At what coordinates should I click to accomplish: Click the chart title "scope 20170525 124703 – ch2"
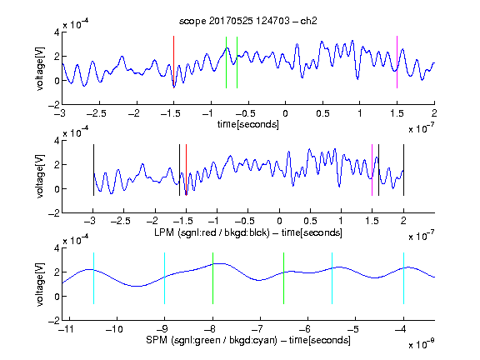[x=247, y=21]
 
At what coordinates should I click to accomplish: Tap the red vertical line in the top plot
[x=173, y=62]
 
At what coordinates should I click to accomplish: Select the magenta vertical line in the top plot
[x=397, y=62]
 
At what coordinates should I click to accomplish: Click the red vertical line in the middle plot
[x=186, y=170]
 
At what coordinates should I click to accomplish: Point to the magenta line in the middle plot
[x=372, y=170]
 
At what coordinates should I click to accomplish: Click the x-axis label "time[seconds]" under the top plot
[x=248, y=124]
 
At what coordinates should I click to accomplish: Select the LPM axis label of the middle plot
[x=248, y=232]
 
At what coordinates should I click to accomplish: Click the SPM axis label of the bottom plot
[x=248, y=340]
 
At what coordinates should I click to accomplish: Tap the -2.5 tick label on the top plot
[x=97, y=113]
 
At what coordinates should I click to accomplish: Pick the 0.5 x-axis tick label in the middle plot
[x=310, y=221]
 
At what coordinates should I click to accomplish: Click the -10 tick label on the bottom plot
[x=114, y=329]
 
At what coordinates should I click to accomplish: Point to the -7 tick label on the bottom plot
[x=257, y=329]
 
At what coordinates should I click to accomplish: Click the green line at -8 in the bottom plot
[x=212, y=278]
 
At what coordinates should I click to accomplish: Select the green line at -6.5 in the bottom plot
[x=284, y=278]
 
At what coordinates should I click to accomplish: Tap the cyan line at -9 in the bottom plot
[x=165, y=278]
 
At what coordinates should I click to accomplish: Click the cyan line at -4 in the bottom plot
[x=404, y=278]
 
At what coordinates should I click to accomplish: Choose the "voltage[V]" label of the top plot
[x=40, y=68]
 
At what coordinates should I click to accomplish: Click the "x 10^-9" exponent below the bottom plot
[x=422, y=344]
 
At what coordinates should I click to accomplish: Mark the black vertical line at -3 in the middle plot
[x=93, y=170]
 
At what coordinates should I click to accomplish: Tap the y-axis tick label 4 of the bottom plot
[x=57, y=248]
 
